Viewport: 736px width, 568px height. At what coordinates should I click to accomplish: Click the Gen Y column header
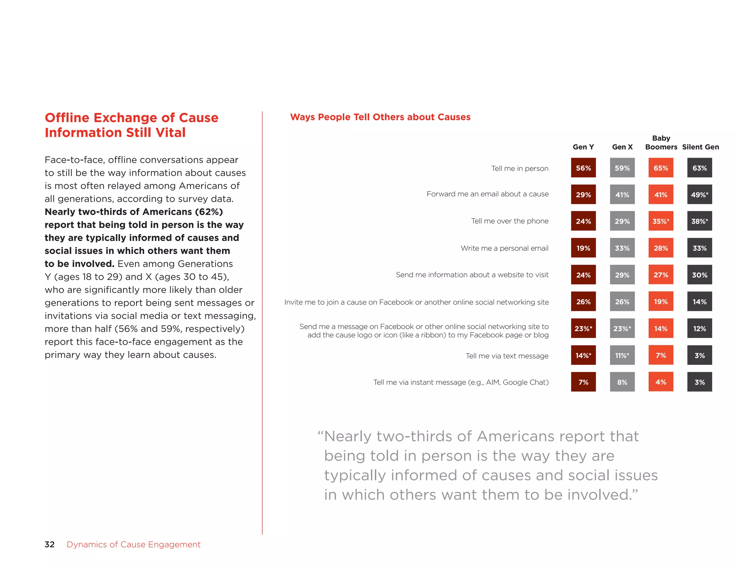[x=583, y=147]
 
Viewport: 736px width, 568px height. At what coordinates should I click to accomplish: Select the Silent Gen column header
[x=700, y=147]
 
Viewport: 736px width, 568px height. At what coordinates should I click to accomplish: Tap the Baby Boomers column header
[x=661, y=143]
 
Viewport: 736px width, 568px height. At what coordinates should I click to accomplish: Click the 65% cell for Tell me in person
[x=661, y=168]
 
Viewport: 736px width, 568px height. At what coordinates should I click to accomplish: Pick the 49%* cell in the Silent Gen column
[x=699, y=195]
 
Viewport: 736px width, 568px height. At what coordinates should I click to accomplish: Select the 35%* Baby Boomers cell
[x=661, y=221]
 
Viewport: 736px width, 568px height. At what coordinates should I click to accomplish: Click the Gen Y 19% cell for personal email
[x=583, y=248]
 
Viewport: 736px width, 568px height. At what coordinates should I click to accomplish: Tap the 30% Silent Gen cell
[x=699, y=275]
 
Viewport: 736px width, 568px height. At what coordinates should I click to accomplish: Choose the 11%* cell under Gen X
[x=622, y=355]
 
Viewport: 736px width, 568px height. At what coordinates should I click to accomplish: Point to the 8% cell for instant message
[x=622, y=382]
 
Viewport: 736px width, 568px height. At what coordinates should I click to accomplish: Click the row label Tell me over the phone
[x=510, y=221]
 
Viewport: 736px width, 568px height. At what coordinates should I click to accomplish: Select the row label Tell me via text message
[x=507, y=356]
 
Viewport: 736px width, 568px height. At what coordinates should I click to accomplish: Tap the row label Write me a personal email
[x=504, y=248]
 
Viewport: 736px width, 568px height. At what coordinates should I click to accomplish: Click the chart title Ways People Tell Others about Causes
[x=380, y=117]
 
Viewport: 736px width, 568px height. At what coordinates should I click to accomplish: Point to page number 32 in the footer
[x=50, y=544]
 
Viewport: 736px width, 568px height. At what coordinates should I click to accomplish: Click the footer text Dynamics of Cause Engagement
[x=133, y=544]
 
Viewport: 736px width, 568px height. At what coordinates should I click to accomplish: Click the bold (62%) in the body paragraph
[x=209, y=212]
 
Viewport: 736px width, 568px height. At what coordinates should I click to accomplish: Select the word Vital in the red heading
[x=170, y=132]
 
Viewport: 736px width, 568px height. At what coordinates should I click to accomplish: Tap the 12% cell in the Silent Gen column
[x=699, y=329]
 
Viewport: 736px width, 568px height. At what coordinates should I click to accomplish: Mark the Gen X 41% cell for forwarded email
[x=622, y=195]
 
